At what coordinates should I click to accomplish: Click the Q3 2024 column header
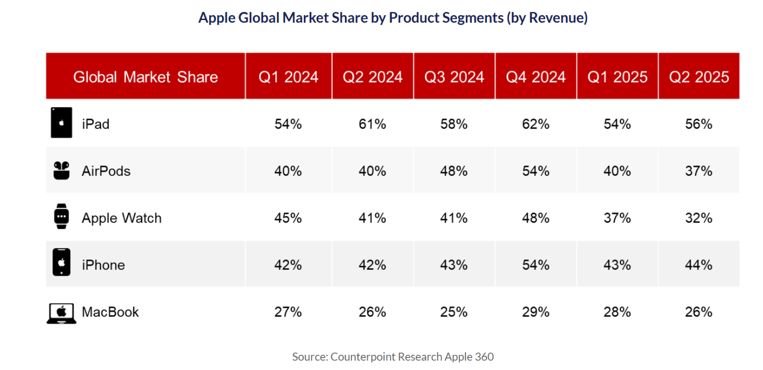tap(454, 77)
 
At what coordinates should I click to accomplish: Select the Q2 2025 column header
tap(699, 77)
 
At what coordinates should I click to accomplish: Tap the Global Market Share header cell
tap(145, 77)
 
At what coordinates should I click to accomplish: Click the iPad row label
tap(95, 124)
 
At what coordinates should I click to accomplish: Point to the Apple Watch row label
tap(122, 218)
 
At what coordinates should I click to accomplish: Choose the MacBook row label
tap(110, 312)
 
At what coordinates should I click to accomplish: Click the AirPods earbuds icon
tap(62, 170)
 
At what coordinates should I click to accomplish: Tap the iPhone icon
tap(62, 262)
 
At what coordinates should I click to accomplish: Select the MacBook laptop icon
tap(62, 313)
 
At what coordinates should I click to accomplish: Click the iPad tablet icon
tap(62, 123)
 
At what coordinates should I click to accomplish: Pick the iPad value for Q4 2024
tap(536, 124)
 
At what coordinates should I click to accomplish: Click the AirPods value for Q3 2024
tap(454, 171)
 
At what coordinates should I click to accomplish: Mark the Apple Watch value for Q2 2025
tap(699, 218)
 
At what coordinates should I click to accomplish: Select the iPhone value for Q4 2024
tap(536, 265)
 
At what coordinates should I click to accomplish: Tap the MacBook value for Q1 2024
tap(288, 312)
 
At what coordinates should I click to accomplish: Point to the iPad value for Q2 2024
tap(372, 124)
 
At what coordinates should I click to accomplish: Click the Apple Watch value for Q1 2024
tap(288, 218)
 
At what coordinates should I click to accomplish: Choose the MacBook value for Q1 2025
tap(617, 312)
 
